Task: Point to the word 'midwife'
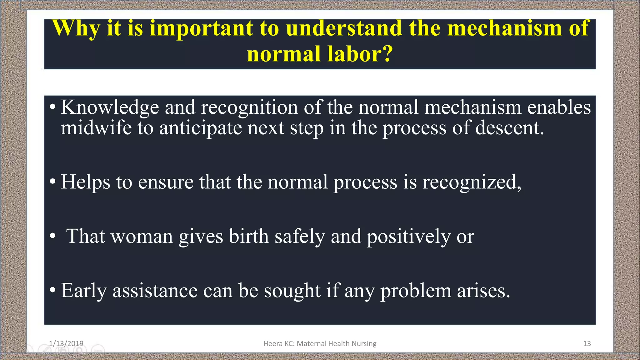click(x=96, y=128)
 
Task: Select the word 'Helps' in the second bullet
click(x=85, y=182)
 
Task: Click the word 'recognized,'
click(x=472, y=182)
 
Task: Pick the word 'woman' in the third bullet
click(x=142, y=236)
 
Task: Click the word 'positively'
click(x=408, y=236)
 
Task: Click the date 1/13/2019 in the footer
click(x=66, y=343)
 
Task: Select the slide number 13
click(x=587, y=343)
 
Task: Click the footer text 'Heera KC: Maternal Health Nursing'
click(x=320, y=343)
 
